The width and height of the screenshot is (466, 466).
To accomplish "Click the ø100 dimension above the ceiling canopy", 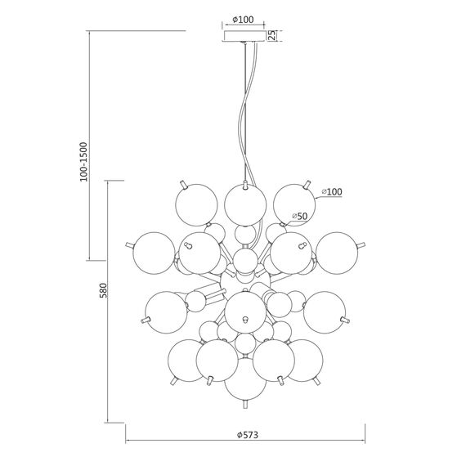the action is tap(243, 20).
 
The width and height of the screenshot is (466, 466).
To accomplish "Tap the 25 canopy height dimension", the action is tap(272, 35).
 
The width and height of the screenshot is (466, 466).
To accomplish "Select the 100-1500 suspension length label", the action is tap(84, 162).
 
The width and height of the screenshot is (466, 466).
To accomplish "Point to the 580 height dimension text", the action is tap(103, 290).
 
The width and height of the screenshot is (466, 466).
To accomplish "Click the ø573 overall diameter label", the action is tap(248, 435).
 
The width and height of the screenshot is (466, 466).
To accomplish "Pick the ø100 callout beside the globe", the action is tap(332, 192).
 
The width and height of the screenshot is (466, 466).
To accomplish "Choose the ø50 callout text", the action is tap(299, 216).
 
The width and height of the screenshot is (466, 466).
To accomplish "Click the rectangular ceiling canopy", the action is tap(244, 36).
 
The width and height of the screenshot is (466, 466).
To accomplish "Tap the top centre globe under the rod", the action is tap(245, 204).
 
